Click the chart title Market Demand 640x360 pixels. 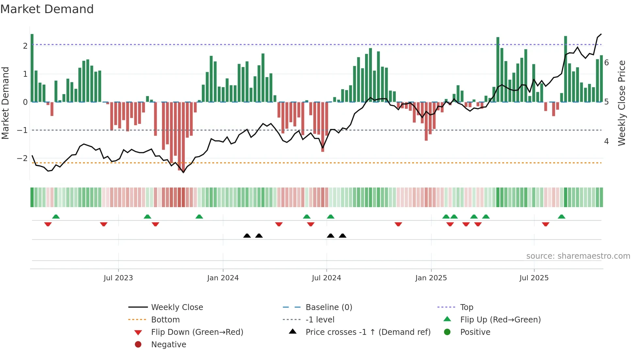pyautogui.click(x=47, y=9)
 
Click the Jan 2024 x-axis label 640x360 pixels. pyautogui.click(x=223, y=278)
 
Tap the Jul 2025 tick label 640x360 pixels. pyautogui.click(x=534, y=278)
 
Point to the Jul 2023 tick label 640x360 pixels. pyautogui.click(x=118, y=278)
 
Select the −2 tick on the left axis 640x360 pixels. pyautogui.click(x=22, y=158)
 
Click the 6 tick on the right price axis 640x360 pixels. pyautogui.click(x=606, y=63)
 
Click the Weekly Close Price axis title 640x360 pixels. pyautogui.click(x=622, y=103)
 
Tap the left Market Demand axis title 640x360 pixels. pyautogui.click(x=6, y=103)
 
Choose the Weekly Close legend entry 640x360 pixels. pyautogui.click(x=177, y=307)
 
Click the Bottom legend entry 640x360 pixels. pyautogui.click(x=165, y=319)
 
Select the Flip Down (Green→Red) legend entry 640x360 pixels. pyautogui.click(x=197, y=332)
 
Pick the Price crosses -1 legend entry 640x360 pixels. pyautogui.click(x=368, y=332)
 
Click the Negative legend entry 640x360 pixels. pyautogui.click(x=168, y=344)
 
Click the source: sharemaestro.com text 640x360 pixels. pyautogui.click(x=578, y=256)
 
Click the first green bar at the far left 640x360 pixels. pyautogui.click(x=32, y=68)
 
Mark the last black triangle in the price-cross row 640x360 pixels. pyautogui.click(x=343, y=236)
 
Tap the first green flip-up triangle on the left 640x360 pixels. pyautogui.click(x=56, y=217)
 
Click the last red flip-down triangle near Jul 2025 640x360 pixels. pyautogui.click(x=546, y=224)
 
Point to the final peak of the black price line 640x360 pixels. pyautogui.click(x=601, y=34)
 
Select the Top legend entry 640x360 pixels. pyautogui.click(x=466, y=307)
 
